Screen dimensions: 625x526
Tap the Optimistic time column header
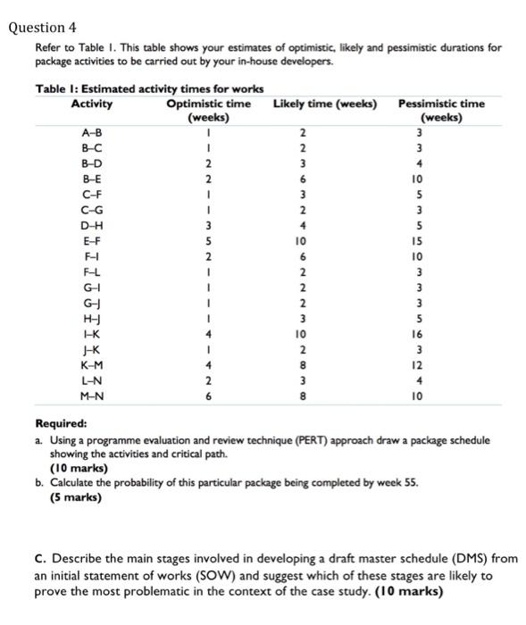pyautogui.click(x=208, y=110)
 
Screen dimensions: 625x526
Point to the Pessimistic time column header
pyautogui.click(x=441, y=110)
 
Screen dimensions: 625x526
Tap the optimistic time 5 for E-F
pyautogui.click(x=208, y=240)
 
